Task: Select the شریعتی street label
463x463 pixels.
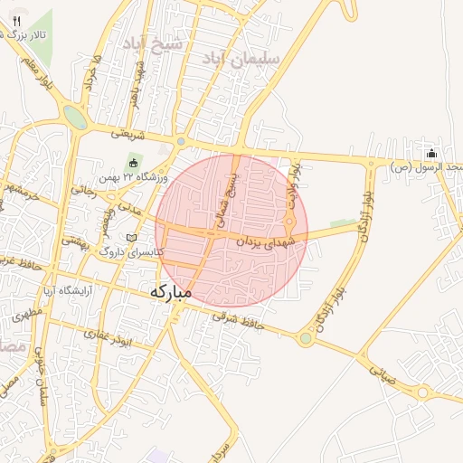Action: point(128,132)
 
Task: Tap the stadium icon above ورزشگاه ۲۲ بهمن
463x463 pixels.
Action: point(134,163)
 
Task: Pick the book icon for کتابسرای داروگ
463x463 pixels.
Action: point(133,238)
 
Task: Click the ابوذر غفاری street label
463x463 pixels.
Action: point(109,336)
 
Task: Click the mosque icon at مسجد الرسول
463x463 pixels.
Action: point(431,153)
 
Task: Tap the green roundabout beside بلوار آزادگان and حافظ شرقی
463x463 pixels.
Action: point(305,339)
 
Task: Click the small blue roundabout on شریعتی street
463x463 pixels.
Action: point(181,141)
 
